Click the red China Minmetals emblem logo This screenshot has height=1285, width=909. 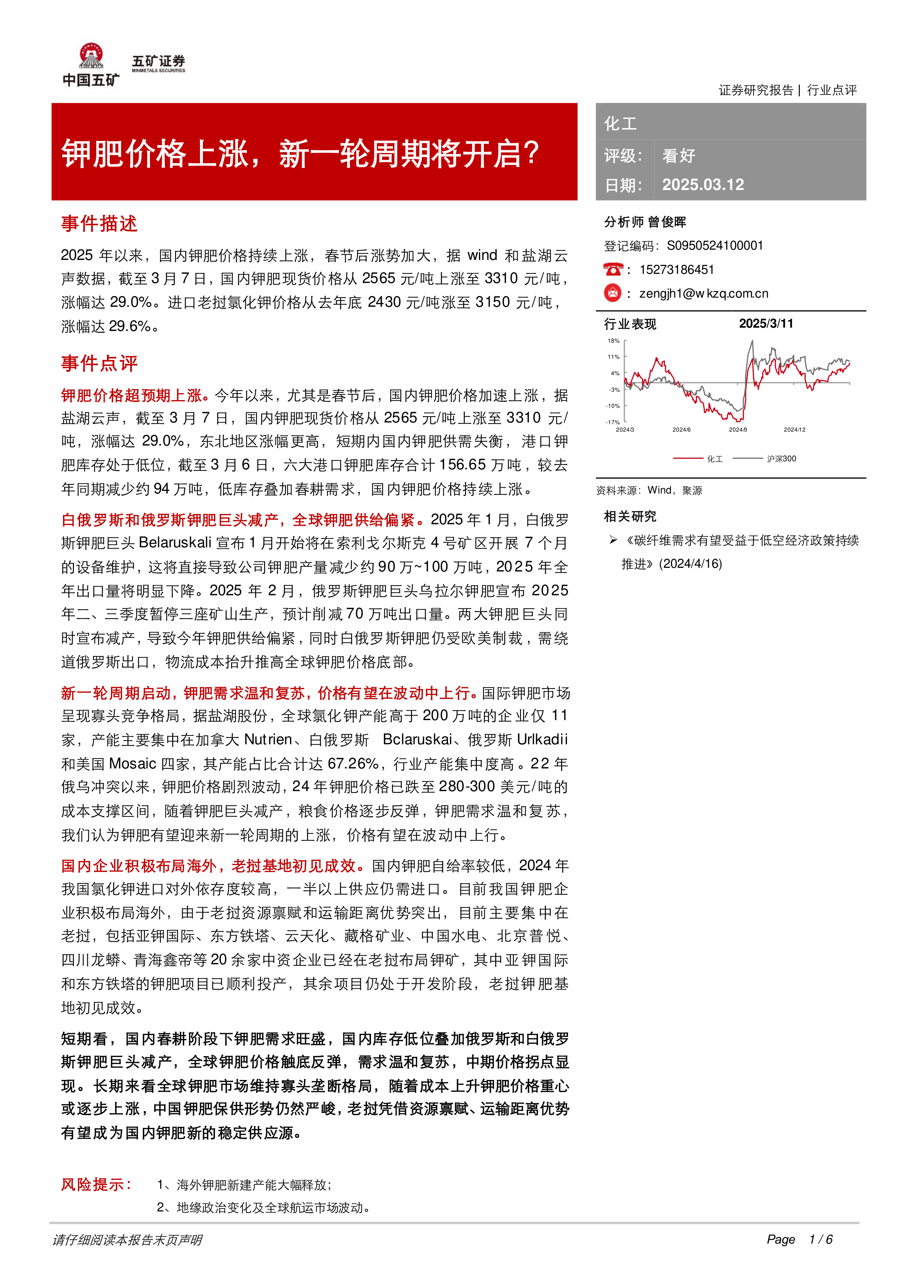91,56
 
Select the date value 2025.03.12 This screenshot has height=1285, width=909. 703,185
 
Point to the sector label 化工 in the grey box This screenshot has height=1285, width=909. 620,124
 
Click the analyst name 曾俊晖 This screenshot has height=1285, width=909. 667,222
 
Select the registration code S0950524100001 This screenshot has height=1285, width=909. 715,246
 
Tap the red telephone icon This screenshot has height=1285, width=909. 613,270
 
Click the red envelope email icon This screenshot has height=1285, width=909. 613,293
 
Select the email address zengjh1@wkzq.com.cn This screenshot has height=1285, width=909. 704,293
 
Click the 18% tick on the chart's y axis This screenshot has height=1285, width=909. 613,341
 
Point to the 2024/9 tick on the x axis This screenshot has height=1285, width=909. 738,430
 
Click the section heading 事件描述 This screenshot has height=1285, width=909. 99,224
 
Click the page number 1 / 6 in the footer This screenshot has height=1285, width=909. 821,1240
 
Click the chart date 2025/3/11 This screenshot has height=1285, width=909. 766,324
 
